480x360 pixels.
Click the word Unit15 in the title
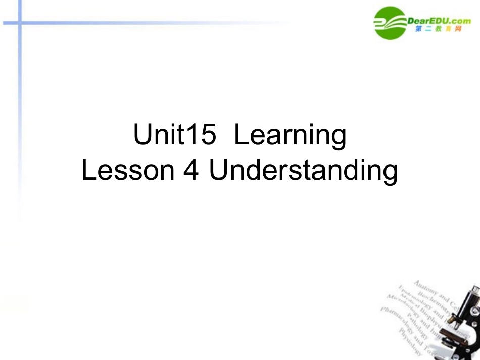(x=174, y=135)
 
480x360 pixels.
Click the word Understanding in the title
(x=303, y=172)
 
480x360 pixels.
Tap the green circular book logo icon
(x=391, y=22)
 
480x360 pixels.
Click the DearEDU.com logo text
(x=439, y=20)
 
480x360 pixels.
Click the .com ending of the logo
(x=460, y=20)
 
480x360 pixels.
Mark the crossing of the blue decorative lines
(x=19, y=23)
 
